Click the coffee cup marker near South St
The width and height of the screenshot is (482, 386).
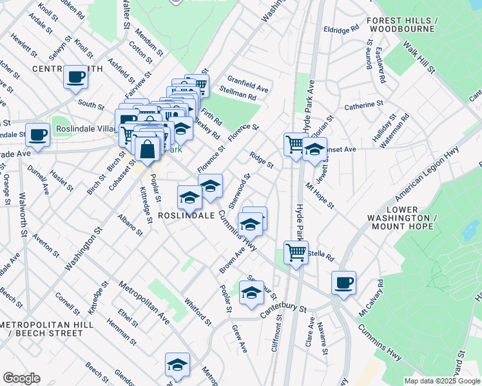(75, 78)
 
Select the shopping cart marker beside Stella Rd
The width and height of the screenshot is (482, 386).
(296, 252)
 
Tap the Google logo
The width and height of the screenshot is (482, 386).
(21, 378)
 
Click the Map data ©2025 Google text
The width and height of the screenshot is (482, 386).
(442, 381)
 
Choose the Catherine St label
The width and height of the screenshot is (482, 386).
(363, 104)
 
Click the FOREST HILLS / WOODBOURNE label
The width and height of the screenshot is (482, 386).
(411, 25)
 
